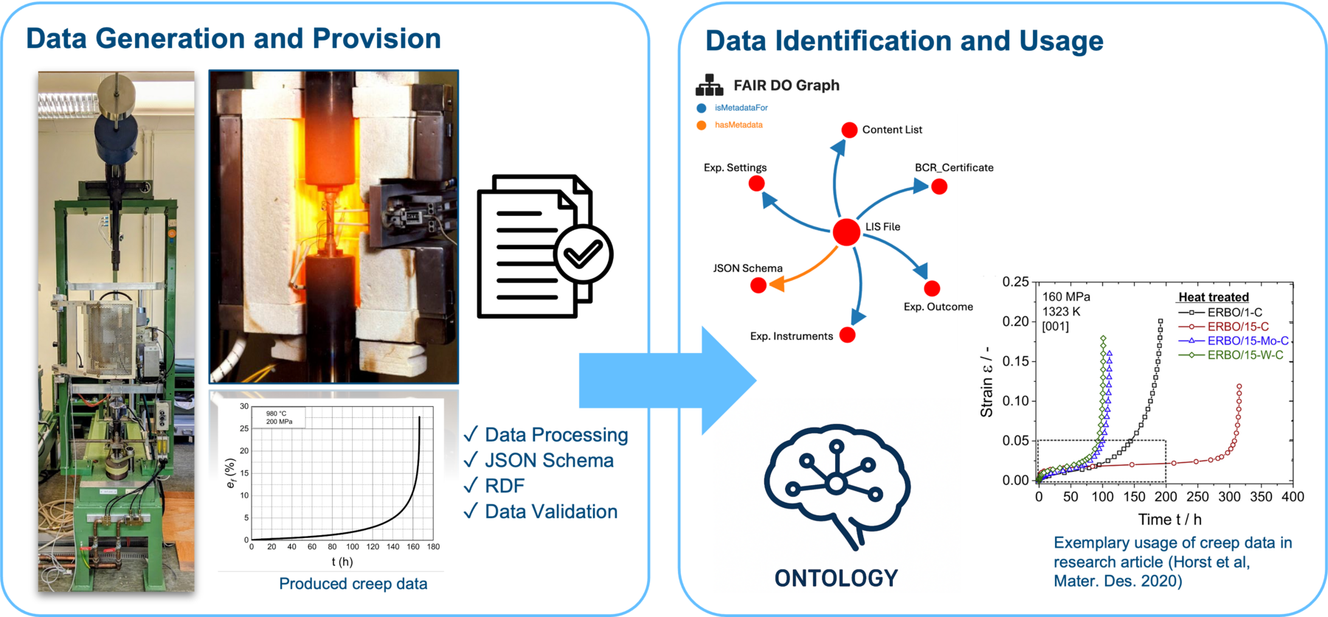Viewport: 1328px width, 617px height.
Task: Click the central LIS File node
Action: pos(846,231)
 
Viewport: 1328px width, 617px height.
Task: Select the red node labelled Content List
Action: pos(849,130)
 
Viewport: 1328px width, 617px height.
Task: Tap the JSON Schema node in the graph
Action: pos(758,285)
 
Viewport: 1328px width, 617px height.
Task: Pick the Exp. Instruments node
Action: pos(848,335)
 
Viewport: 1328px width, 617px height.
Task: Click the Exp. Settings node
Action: pos(756,184)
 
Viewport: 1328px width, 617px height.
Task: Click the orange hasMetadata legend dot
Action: pos(702,125)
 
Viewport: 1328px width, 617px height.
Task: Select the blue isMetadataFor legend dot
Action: pos(702,108)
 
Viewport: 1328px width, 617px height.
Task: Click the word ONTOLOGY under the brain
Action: pos(836,578)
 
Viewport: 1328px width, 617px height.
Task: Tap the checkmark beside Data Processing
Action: pos(471,434)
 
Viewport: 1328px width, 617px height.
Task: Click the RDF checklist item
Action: pos(505,486)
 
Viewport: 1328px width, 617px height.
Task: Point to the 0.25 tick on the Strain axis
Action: pos(1015,282)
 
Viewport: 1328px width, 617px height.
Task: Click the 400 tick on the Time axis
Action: pos(1293,497)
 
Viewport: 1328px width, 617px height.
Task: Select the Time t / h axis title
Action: pos(1169,520)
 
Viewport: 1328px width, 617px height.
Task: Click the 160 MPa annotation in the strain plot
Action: pos(1066,297)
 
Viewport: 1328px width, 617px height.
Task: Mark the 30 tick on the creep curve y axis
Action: pos(244,406)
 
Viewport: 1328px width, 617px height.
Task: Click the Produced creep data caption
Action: pos(353,584)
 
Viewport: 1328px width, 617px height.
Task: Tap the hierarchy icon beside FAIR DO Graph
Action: pos(710,86)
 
